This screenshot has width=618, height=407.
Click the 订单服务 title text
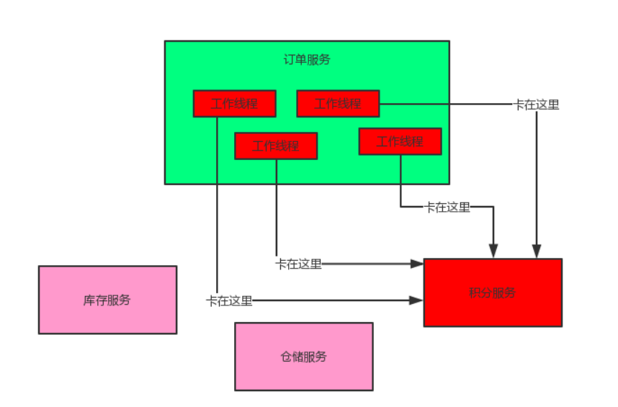point(308,60)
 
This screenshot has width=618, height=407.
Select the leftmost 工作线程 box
point(235,103)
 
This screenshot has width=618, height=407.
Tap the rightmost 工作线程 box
point(400,141)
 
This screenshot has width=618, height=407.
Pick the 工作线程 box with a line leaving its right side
point(338,103)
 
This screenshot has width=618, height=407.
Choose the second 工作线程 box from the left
point(277,146)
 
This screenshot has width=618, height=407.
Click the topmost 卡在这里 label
point(536,104)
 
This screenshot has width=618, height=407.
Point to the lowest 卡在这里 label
point(229,300)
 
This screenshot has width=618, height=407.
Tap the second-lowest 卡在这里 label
point(299,264)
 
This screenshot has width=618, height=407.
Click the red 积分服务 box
point(493,292)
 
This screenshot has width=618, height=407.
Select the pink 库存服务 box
point(107,300)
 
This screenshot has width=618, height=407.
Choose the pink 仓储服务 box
point(304,357)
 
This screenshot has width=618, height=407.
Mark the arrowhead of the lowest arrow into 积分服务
point(416,300)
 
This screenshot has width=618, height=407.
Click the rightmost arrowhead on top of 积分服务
point(536,251)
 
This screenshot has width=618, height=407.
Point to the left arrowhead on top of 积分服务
point(493,251)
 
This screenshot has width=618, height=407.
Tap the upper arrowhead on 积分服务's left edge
point(416,264)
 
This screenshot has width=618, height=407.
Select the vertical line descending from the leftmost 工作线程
point(217,202)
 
